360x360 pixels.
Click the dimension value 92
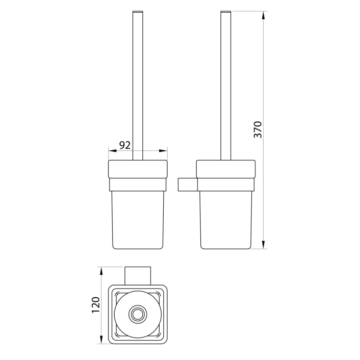click(124, 145)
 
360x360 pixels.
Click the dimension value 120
click(96, 305)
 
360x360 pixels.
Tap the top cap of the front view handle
click(138, 11)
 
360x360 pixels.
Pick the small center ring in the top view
click(138, 315)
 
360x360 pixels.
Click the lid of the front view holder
click(138, 169)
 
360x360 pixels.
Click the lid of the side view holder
click(226, 169)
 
